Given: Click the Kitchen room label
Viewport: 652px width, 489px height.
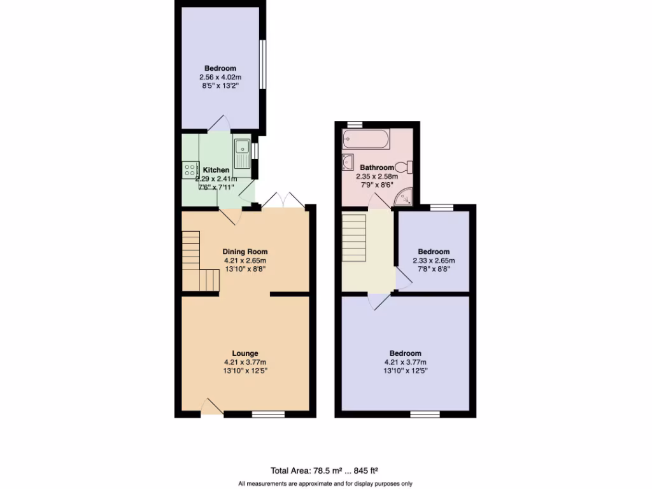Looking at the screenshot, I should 216,170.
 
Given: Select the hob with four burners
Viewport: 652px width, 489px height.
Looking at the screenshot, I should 190,169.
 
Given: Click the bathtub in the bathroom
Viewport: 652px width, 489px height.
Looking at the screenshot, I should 365,138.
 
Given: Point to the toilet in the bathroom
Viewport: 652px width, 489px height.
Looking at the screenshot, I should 407,167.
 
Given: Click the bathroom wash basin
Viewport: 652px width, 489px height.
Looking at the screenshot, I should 348,162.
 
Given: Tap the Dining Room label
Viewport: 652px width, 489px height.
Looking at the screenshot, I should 244,252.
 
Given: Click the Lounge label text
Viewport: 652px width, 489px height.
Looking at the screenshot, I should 244,353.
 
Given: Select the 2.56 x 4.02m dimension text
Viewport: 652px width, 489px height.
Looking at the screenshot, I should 220,78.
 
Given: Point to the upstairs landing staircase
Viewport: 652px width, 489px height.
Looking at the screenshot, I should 355,237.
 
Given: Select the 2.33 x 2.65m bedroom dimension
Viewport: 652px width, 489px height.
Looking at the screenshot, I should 434,260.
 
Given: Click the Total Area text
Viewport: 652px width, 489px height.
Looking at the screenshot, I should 290,471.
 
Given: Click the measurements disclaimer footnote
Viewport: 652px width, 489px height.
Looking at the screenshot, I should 325,483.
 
